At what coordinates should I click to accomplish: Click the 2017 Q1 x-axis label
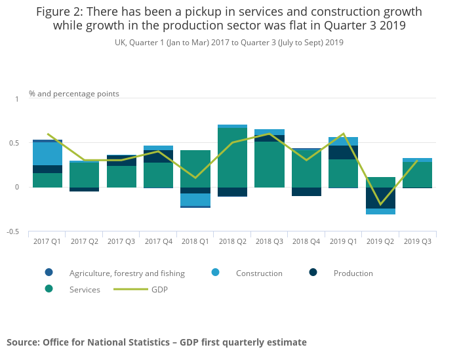coord(47,241)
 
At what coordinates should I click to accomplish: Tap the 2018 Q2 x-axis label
coord(232,241)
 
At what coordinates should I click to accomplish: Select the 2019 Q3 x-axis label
coord(417,241)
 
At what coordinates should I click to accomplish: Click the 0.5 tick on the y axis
coord(15,143)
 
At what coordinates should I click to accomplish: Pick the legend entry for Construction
coord(259,273)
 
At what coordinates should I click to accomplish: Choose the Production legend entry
coord(353,273)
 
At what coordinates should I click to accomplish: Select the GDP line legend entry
coord(159,289)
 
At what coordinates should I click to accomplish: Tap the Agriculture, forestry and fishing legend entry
coord(127,273)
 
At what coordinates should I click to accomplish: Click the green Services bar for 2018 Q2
coord(232,157)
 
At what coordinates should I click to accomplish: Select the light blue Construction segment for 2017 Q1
coord(47,153)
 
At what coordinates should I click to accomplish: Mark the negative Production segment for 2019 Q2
coord(380,198)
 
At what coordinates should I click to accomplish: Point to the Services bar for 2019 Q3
coord(417,174)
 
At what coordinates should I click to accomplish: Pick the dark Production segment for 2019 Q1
coord(344,152)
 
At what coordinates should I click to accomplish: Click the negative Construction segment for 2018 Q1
coord(195,199)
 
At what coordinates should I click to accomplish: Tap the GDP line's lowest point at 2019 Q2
coord(380,204)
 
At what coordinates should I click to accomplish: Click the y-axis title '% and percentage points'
coord(74,94)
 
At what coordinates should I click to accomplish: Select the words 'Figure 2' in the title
coord(61,12)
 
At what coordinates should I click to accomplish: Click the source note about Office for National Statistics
coord(157,342)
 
